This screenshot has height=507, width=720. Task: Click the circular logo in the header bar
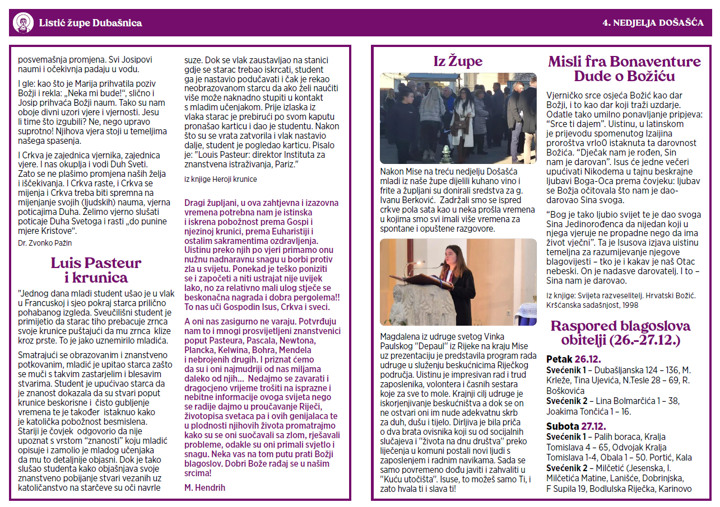(23, 23)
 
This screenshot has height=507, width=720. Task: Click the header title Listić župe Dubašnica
(90, 23)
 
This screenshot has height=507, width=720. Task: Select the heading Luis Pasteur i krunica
(96, 270)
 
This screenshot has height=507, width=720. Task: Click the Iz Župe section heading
(457, 60)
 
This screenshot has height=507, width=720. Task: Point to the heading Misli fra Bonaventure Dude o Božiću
(624, 68)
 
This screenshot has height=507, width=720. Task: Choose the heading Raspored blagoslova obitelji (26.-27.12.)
(620, 332)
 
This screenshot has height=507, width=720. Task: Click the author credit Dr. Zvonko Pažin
(45, 243)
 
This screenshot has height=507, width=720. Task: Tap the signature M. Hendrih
(205, 487)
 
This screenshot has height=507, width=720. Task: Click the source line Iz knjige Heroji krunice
(220, 179)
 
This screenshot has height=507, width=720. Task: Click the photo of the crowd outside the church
(458, 118)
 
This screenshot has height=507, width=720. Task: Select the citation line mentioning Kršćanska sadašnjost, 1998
(592, 305)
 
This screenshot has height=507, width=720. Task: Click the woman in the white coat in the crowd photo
(463, 118)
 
